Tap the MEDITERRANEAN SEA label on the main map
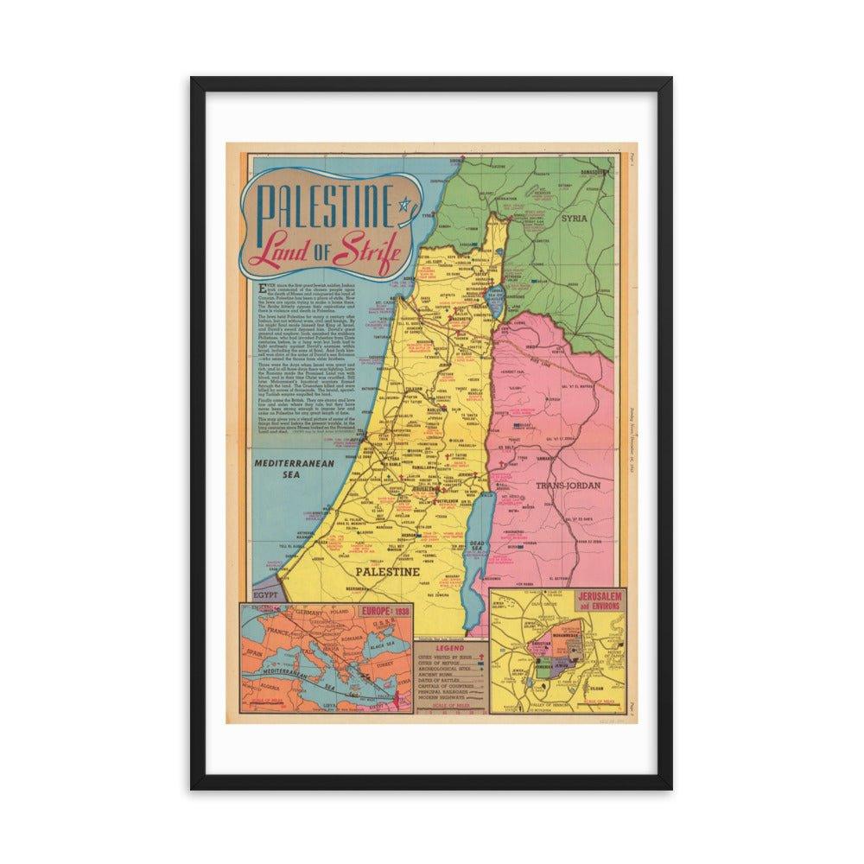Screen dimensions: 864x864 (x=282, y=469)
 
